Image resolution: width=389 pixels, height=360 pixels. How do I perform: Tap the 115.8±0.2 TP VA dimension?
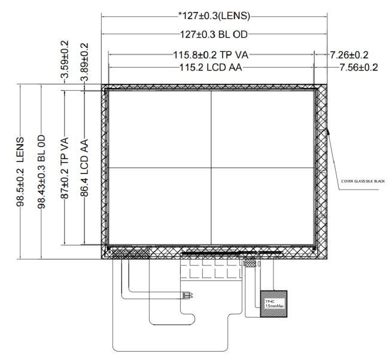(209, 55)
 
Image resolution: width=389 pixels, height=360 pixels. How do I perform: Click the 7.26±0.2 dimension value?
(352, 55)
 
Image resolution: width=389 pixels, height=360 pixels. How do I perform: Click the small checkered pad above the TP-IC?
(250, 263)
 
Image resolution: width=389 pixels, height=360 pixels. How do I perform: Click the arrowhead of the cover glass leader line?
(328, 128)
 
